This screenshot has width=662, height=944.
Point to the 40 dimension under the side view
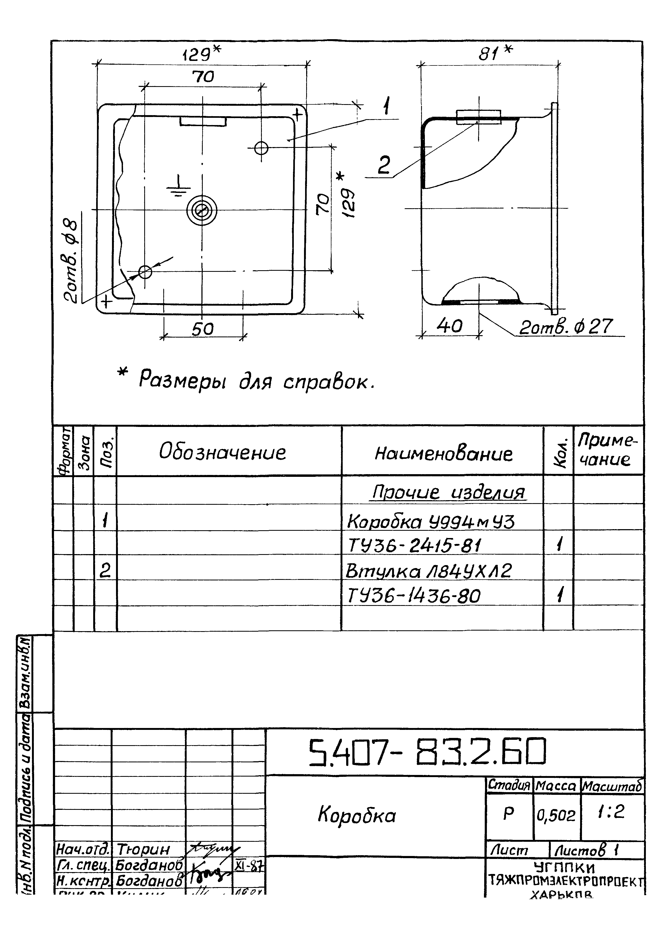click(x=449, y=326)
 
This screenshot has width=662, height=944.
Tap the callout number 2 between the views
click(x=384, y=165)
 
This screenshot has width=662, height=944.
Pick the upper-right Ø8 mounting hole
click(x=261, y=148)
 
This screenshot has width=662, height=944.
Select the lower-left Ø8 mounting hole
click(x=145, y=271)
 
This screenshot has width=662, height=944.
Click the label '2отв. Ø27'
click(x=566, y=327)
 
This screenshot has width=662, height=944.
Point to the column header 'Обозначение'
click(x=222, y=452)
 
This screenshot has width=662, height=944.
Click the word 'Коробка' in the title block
click(x=357, y=815)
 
